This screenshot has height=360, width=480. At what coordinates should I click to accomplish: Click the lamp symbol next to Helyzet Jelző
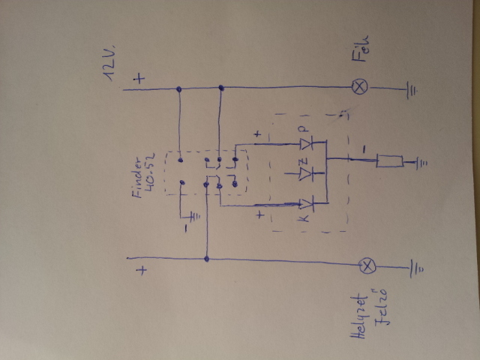[367, 265]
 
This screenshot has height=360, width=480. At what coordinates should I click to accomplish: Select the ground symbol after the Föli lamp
[412, 91]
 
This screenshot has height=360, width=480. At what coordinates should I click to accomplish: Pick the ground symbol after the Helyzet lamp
[413, 267]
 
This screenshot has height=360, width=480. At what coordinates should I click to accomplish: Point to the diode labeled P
[305, 143]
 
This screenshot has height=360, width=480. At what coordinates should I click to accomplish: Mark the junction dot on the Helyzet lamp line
[206, 259]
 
